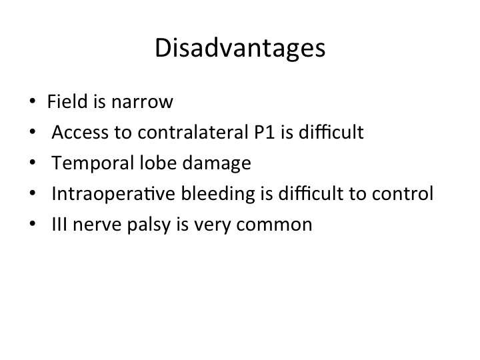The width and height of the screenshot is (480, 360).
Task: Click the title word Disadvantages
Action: [x=240, y=49]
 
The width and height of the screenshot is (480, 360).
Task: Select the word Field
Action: [x=67, y=101]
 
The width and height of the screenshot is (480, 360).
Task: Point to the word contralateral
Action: [x=193, y=132]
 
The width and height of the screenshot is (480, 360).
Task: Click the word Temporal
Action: [x=93, y=163]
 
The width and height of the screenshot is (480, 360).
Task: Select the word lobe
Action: [x=158, y=163]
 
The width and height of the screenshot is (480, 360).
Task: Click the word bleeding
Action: [x=217, y=194]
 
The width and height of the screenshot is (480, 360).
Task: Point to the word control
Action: [x=402, y=193]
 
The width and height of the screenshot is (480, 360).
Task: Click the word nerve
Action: [x=97, y=226]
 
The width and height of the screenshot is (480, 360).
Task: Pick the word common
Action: [x=274, y=226]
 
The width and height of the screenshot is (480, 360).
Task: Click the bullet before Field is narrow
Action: [x=33, y=101]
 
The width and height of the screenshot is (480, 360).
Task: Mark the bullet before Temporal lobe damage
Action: [x=33, y=162]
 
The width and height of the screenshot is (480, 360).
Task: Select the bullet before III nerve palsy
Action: [x=33, y=224]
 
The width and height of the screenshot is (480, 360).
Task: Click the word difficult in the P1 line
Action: [x=331, y=132]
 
